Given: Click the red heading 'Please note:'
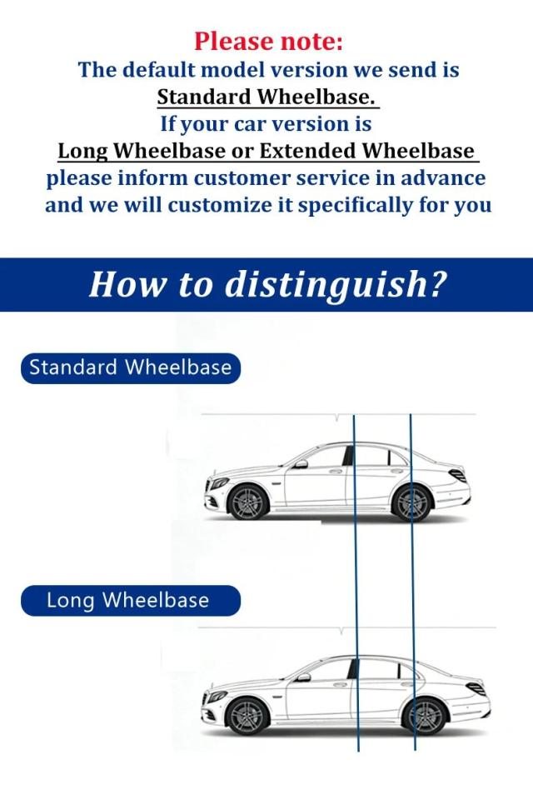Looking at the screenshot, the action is point(268,42).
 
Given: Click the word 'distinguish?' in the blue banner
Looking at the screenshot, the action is point(335,285).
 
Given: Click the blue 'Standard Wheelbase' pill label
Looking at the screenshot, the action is point(131,368).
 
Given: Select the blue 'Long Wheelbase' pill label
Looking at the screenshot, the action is point(131,600).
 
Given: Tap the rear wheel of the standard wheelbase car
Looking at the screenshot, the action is point(411,502).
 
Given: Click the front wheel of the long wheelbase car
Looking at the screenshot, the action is point(247,716).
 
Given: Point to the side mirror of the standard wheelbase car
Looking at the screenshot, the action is point(300,464).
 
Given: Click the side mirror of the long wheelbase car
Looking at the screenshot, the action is point(304,677).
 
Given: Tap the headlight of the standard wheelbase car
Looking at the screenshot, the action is point(218,484).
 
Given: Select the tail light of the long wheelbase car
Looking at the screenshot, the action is point(476,688).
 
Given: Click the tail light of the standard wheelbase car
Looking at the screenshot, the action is point(457,475).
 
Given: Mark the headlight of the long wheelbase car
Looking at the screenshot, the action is point(217,697).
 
